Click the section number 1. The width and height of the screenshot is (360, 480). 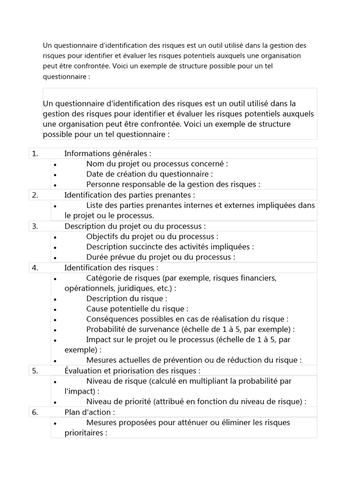point(35,153)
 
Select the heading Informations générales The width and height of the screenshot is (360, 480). point(108,153)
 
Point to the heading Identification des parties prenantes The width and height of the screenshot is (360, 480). point(129,195)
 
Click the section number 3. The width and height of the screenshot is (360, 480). point(35,226)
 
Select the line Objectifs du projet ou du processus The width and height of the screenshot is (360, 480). point(152,236)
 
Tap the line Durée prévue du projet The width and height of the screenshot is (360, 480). point(160,257)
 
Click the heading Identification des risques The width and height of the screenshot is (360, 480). point(111,268)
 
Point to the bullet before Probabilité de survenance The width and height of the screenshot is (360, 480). point(55,330)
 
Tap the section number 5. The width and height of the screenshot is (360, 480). point(35,371)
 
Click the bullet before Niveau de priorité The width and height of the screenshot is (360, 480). point(55,402)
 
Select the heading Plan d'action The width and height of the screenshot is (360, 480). point(90,412)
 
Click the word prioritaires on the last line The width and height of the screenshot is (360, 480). point(84,433)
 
